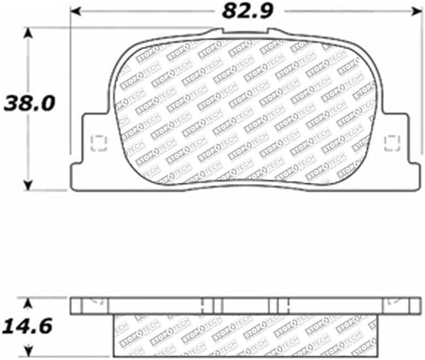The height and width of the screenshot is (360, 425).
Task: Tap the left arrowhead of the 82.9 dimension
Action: tap(74, 13)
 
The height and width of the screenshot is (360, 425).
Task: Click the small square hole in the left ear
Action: tap(98, 141)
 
